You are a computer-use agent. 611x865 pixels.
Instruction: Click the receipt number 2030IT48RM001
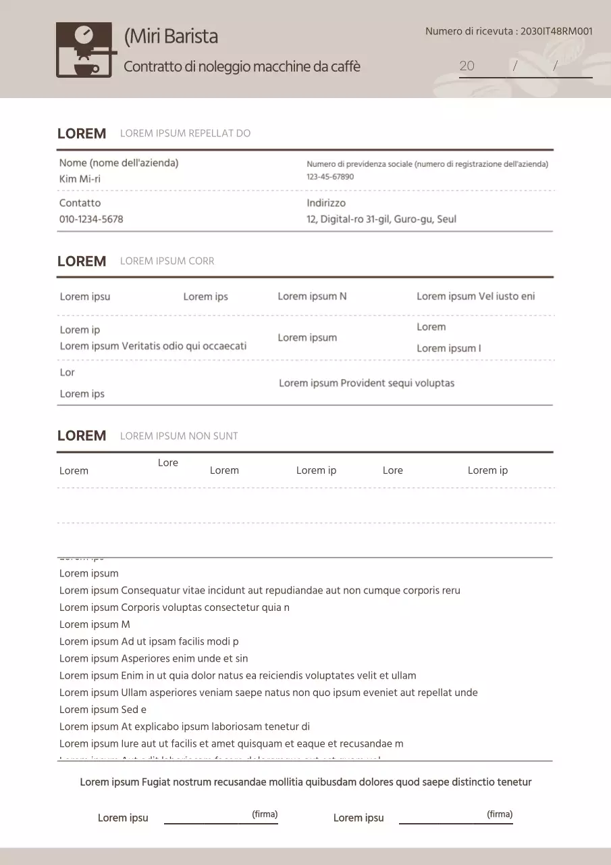557,31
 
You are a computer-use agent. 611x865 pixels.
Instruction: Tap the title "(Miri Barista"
171,36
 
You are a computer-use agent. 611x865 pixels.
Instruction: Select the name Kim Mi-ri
80,179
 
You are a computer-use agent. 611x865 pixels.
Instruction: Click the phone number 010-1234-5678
91,219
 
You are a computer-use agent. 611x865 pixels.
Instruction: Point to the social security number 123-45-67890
330,177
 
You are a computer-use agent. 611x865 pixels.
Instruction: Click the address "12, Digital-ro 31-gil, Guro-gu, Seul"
381,219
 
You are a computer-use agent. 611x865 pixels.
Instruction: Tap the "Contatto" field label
80,203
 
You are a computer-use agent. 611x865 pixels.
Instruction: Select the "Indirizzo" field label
326,203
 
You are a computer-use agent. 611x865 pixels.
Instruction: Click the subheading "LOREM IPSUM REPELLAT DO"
185,134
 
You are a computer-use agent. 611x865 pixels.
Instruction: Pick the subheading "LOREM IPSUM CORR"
167,262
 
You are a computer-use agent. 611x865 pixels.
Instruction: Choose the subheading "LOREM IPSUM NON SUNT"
179,436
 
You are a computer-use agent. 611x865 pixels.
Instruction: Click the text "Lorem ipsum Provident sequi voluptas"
367,383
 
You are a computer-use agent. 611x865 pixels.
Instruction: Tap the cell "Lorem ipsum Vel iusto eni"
475,296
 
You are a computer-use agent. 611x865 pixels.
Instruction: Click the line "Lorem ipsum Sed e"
103,710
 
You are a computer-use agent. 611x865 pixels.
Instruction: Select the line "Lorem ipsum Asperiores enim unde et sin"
153,658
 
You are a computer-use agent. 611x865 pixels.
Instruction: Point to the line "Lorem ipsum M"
95,624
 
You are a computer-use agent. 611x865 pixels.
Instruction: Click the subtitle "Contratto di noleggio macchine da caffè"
242,67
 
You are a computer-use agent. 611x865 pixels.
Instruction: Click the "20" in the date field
467,66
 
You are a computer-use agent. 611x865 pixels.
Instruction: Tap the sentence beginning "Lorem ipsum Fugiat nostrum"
305,782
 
